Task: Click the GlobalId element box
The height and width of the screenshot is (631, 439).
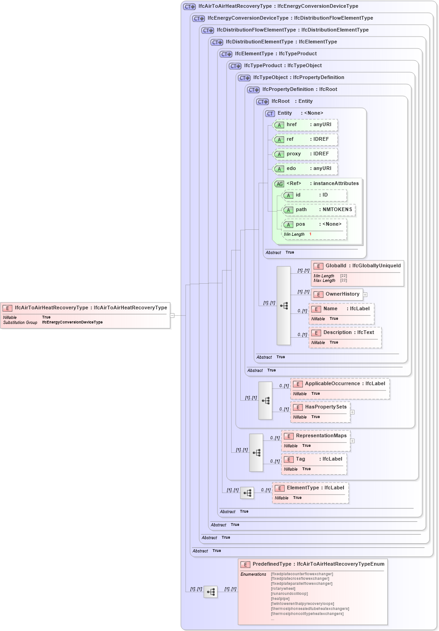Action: coord(357,266)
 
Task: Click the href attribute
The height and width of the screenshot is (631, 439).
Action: coord(305,125)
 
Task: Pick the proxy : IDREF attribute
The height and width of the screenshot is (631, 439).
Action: coord(305,154)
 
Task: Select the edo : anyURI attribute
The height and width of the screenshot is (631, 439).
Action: coord(305,169)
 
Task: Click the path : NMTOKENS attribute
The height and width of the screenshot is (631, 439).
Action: coord(318,210)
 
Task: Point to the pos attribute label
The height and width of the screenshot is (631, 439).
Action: coord(300,224)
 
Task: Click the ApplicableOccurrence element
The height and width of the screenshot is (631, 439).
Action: coord(340,384)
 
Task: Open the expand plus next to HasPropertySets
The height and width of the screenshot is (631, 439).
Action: coord(352,412)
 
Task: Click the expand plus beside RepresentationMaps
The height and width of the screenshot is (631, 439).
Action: coord(352,441)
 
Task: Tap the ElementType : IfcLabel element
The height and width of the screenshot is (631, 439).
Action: coord(310,488)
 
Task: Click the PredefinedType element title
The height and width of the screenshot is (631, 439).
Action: coord(313,564)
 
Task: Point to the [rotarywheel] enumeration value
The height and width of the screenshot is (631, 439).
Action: coord(283,589)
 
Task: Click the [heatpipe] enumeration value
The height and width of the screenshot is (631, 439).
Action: coord(280,599)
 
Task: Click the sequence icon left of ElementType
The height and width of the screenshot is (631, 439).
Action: coord(247,493)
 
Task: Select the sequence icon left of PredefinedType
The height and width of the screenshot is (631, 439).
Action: coord(211,592)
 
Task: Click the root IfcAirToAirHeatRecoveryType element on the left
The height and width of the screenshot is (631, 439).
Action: coord(85,308)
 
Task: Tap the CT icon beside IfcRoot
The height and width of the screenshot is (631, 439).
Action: coord(262,102)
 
